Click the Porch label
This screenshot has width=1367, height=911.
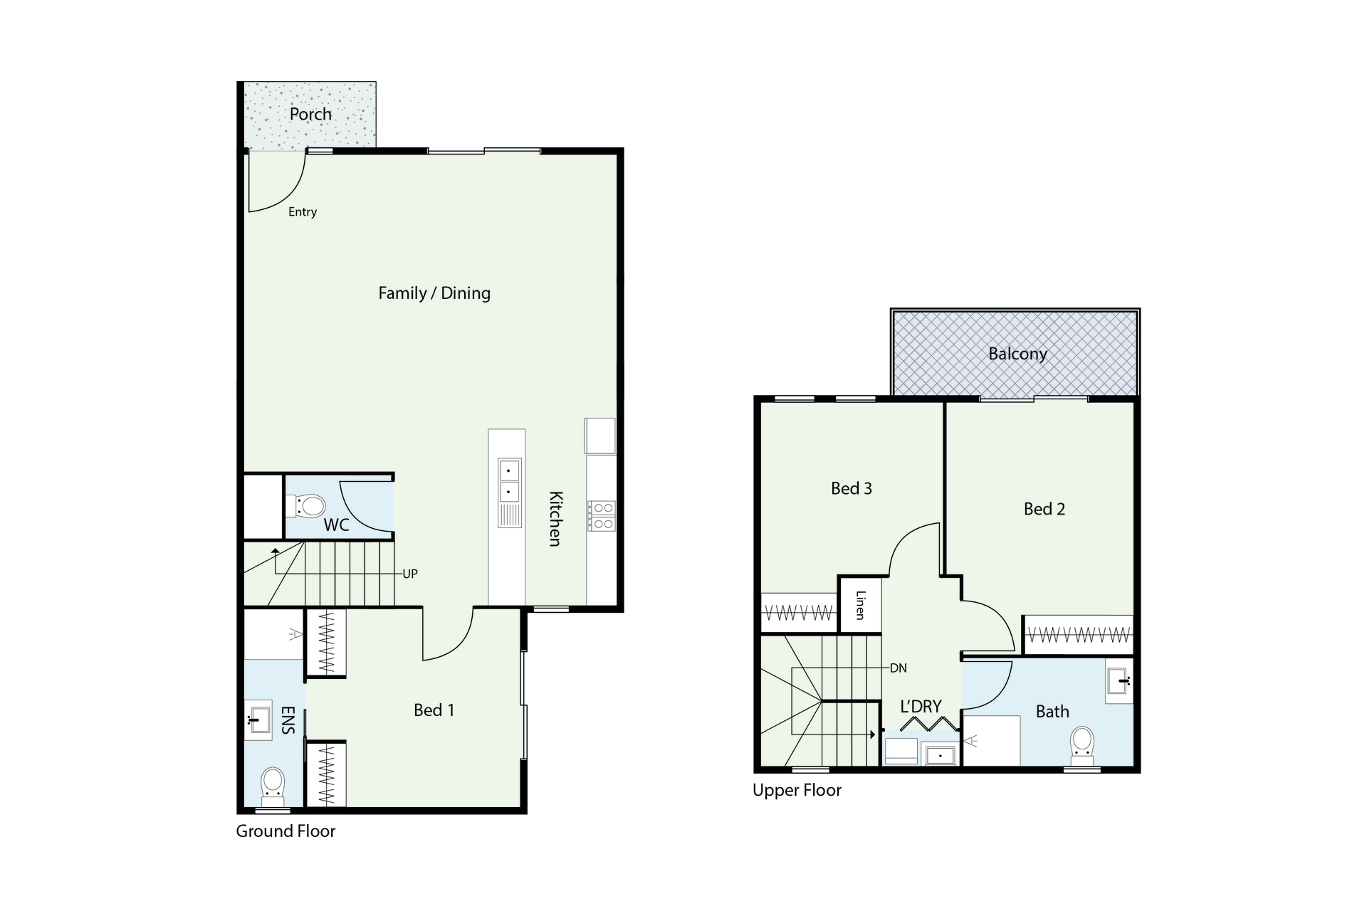coord(310,114)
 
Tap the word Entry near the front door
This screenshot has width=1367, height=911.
coord(303,212)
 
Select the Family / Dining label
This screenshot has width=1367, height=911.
coord(434,293)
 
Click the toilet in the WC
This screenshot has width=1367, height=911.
coord(306,506)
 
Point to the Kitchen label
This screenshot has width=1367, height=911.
coord(555,519)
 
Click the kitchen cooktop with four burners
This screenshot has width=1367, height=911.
coord(601,516)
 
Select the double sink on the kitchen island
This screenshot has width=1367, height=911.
coord(509,481)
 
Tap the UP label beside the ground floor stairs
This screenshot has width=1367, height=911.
coord(410,574)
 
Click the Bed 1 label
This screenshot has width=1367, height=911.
coord(434,710)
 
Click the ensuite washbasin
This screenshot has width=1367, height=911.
coord(258,720)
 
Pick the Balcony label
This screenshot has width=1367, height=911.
coord(1017,354)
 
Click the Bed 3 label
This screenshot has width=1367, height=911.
coord(852,488)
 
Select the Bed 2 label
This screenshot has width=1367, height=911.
coord(1044,509)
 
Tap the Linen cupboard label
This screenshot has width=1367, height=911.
coord(860,605)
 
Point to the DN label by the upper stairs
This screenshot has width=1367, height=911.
coord(899,668)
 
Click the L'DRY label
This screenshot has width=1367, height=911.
coord(921,707)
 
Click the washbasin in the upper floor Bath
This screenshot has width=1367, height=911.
coord(1119,681)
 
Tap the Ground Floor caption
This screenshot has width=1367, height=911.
coord(286,831)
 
